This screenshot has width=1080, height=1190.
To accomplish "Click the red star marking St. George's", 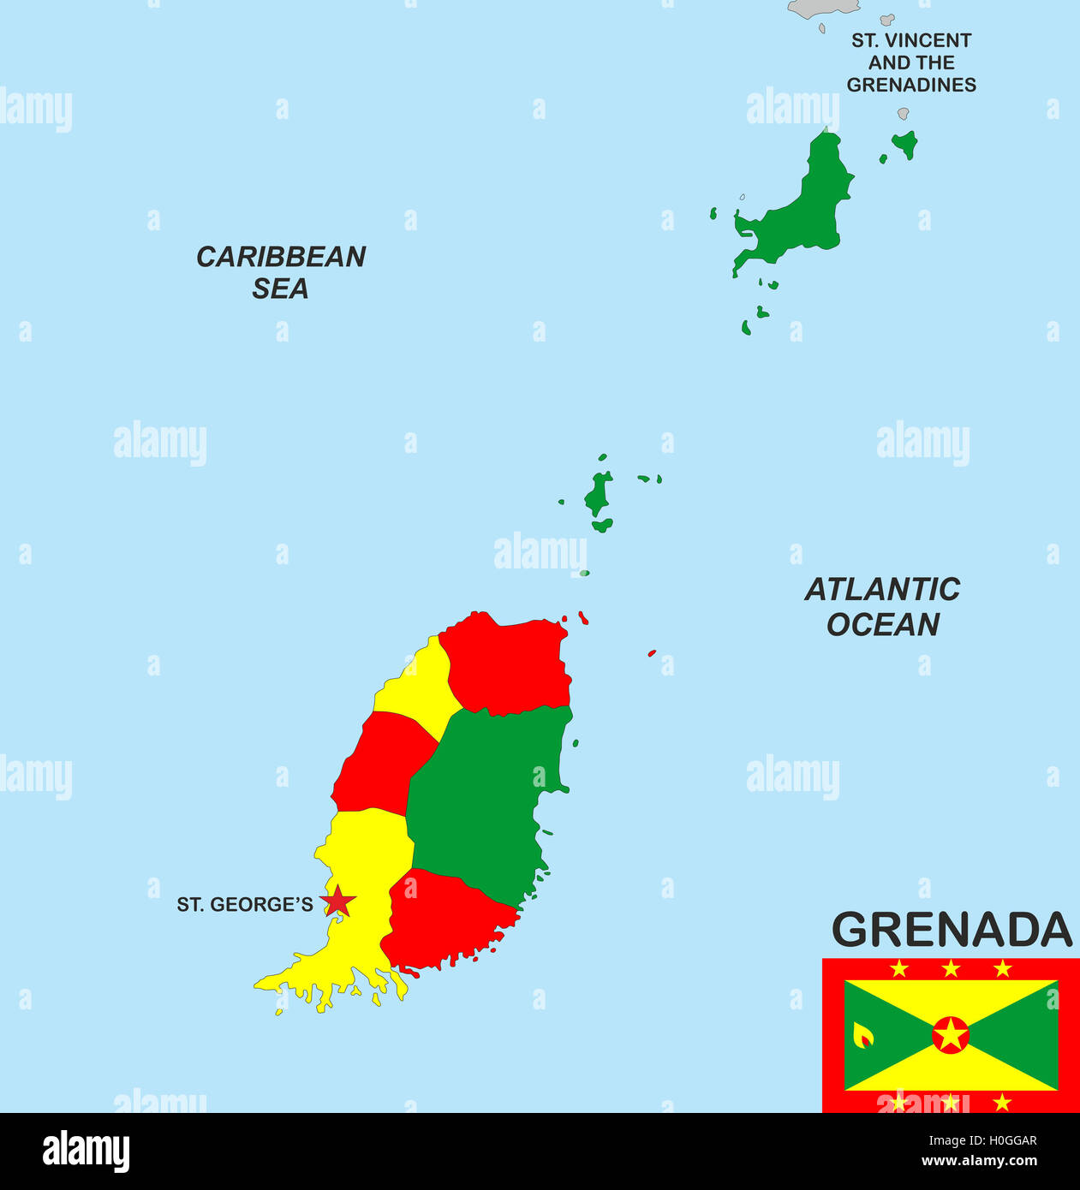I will [338, 901].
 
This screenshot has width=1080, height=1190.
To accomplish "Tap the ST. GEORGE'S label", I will [245, 905].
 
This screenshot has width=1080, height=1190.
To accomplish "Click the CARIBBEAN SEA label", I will [281, 272].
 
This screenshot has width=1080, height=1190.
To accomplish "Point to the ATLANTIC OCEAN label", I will [882, 606].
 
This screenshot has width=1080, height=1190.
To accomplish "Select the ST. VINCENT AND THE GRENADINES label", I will [911, 62].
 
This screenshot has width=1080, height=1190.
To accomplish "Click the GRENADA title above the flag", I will [952, 930].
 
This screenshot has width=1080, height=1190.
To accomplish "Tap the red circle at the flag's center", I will [951, 1035].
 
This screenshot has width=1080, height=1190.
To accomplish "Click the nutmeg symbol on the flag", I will [863, 1036].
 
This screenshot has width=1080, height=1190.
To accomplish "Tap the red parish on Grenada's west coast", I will [381, 762].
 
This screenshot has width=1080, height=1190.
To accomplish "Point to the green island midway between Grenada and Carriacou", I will [599, 495].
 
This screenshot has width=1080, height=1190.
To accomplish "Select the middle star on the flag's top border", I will [951, 968].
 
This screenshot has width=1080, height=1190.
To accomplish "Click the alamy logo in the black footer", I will [87, 1151].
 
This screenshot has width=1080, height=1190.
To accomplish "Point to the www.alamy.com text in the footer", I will [979, 1162].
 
